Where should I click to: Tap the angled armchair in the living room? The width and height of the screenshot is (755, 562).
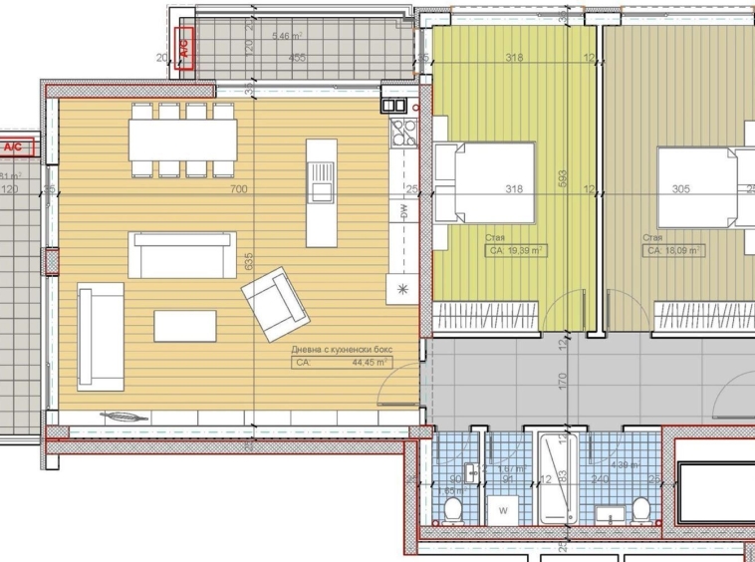tap(276, 302)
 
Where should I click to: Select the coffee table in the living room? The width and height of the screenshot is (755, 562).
tap(184, 326)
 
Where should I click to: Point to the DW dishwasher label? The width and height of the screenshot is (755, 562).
tap(403, 211)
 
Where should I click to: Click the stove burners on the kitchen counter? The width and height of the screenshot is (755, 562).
tap(402, 132)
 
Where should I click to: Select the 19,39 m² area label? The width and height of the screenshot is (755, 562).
tap(522, 252)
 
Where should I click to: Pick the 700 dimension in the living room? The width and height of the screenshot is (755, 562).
tap(237, 188)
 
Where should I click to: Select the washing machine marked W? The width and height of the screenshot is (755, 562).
tap(502, 510)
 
